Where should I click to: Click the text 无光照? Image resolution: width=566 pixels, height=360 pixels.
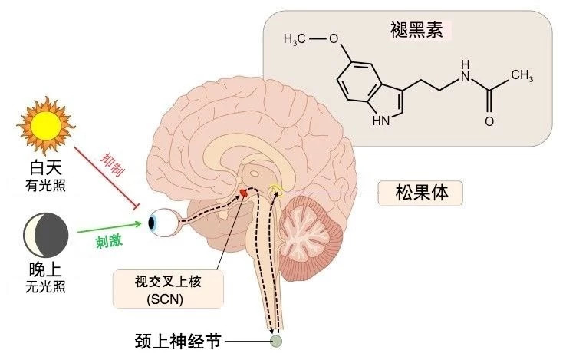44,290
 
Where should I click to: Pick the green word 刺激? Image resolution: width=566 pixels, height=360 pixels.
108,241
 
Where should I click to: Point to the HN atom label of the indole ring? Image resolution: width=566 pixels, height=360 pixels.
380,121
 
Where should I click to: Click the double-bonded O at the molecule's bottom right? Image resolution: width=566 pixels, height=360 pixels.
489,121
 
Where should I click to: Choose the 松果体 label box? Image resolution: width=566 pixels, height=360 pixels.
421,192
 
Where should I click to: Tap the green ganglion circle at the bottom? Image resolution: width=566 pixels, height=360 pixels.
275,341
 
